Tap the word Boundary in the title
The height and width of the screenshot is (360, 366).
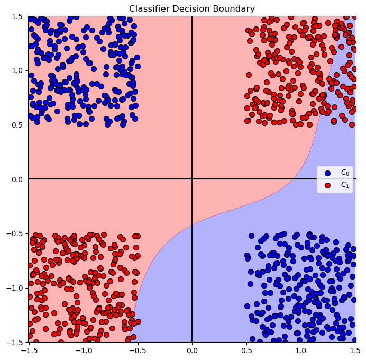[x=236, y=8]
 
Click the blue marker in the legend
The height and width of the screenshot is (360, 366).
[x=327, y=173]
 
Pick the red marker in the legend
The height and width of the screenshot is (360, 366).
[x=327, y=185]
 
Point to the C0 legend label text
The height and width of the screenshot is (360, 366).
[x=344, y=173]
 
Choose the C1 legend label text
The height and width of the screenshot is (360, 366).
[x=344, y=185]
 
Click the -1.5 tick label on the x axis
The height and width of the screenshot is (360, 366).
[x=29, y=350]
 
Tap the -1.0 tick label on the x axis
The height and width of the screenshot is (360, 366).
[x=83, y=350]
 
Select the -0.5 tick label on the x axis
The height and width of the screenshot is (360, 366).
[x=138, y=350]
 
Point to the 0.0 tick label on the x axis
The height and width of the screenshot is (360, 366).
[x=192, y=350]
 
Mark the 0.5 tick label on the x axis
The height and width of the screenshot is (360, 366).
[x=246, y=350]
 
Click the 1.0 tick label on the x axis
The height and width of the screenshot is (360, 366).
[x=301, y=350]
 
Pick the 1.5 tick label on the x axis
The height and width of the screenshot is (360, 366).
[x=355, y=350]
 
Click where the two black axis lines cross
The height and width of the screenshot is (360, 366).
[x=192, y=179]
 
